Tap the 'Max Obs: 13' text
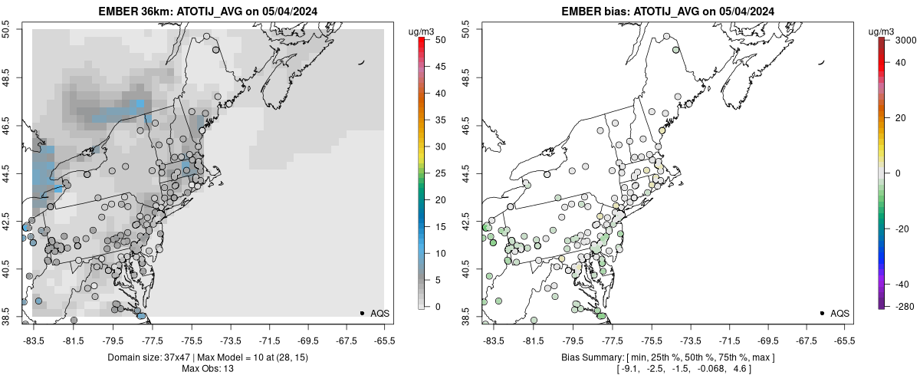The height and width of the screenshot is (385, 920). (209, 369)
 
